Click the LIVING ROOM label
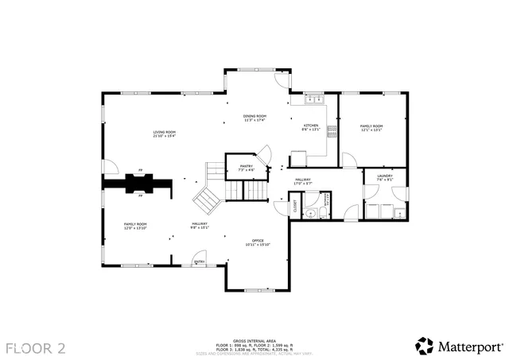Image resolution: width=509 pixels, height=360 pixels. (x=165, y=132)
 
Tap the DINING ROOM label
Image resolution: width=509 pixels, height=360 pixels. (x=255, y=116)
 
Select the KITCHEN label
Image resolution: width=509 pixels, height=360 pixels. (x=310, y=126)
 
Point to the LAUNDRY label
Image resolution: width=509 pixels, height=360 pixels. (x=385, y=175)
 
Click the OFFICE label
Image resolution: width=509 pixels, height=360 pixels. (x=258, y=240)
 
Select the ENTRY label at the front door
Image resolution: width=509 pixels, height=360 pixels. (x=199, y=261)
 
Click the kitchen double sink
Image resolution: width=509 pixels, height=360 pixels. (x=313, y=100)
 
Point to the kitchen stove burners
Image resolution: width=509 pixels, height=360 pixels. (x=332, y=130)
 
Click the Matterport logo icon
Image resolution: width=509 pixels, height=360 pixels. (x=423, y=346)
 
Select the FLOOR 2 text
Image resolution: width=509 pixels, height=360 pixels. (x=37, y=347)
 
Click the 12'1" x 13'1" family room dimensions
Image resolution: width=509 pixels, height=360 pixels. (x=371, y=130)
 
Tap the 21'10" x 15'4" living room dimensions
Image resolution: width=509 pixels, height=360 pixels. (x=165, y=136)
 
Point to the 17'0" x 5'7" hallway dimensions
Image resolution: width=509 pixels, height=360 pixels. (x=303, y=184)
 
